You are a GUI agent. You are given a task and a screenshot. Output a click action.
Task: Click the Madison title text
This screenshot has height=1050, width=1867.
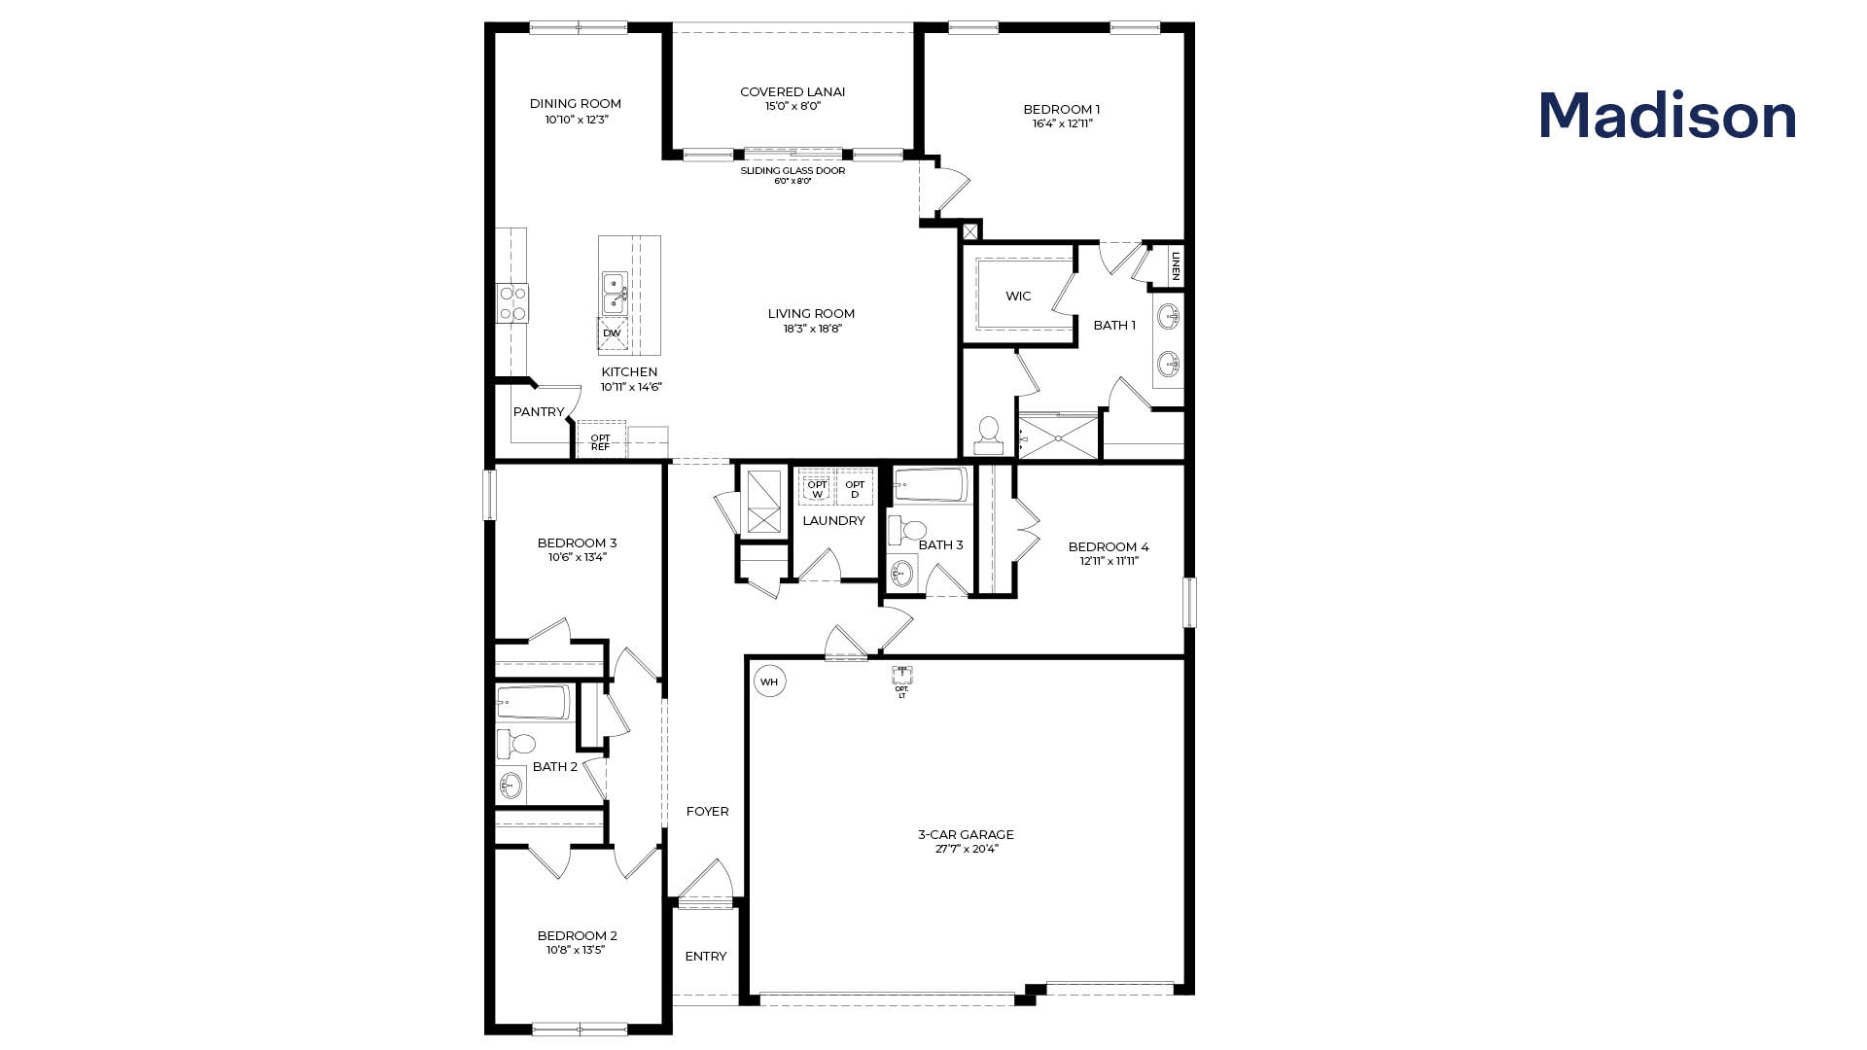click(x=1667, y=117)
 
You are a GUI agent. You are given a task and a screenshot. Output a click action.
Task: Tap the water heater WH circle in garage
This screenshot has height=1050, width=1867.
click(x=769, y=682)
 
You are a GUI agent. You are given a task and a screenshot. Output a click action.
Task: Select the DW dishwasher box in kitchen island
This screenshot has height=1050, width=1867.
click(x=612, y=333)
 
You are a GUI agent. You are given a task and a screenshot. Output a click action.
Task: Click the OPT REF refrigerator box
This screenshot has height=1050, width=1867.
click(x=601, y=442)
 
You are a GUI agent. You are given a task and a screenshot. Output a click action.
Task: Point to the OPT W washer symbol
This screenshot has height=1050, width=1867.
click(x=816, y=489)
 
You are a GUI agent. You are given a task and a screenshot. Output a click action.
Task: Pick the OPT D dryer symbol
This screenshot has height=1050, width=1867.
click(x=855, y=489)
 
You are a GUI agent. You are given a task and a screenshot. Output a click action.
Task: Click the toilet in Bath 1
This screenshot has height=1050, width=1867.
click(x=988, y=435)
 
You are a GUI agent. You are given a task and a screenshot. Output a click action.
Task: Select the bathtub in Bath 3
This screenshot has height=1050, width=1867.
click(x=931, y=484)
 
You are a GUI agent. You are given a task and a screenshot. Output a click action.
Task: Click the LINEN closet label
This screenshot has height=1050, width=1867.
click(x=1175, y=265)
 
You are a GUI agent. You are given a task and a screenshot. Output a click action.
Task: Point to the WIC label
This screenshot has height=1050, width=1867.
click(x=1018, y=297)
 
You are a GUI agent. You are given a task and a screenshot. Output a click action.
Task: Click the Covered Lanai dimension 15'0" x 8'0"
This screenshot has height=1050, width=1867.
click(x=793, y=106)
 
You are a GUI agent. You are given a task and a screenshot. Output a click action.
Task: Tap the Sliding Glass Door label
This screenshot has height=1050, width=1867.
click(x=793, y=171)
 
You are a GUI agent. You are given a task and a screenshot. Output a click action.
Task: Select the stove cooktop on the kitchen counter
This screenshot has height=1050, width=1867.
click(x=512, y=302)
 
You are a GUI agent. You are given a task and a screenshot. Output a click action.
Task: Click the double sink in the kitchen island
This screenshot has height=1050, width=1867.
click(x=615, y=293)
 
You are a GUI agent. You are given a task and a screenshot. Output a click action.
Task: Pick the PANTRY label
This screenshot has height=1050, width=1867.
click(x=538, y=412)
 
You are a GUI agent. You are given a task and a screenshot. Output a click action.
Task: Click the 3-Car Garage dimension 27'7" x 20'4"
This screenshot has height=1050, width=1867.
click(x=966, y=849)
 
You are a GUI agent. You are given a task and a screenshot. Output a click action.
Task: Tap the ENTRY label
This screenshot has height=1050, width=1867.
click(x=705, y=957)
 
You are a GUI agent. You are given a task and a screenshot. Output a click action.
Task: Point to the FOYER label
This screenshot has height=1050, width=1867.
click(x=707, y=811)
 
